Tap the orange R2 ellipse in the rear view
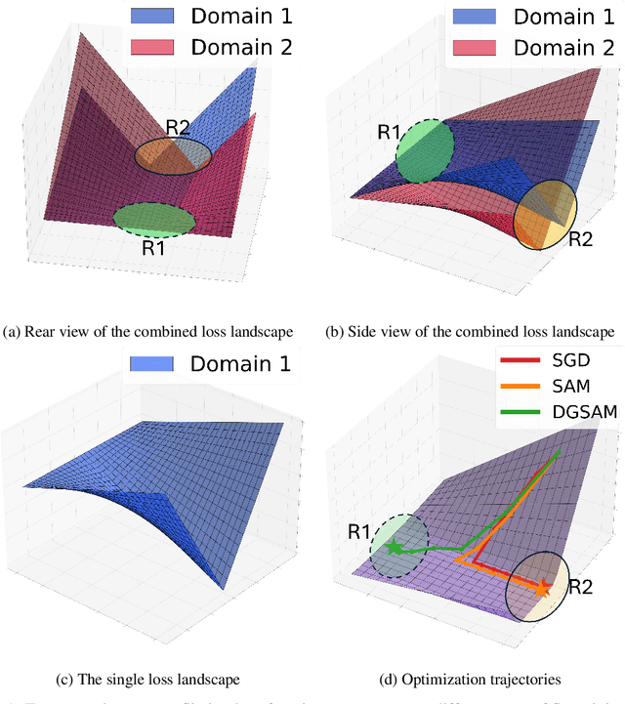[x=172, y=154]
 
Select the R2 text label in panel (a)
[x=178, y=127]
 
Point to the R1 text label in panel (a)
[x=154, y=248]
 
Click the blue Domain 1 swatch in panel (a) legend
[x=149, y=17]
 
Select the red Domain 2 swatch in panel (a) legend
[x=149, y=47]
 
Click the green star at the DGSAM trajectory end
[x=394, y=548]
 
